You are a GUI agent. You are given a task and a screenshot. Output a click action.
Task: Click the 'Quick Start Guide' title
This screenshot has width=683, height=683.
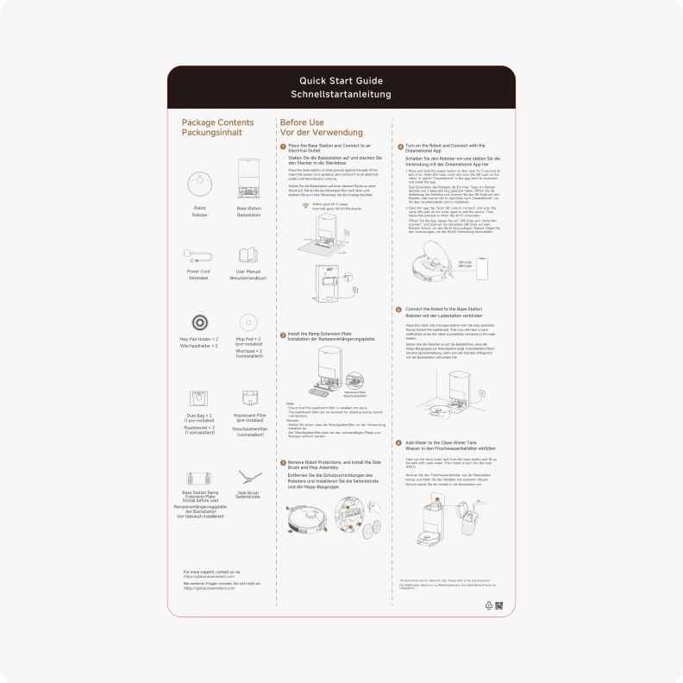pyautogui.click(x=341, y=80)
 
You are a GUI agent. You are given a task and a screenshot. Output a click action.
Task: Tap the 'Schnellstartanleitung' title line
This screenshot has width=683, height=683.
pyautogui.click(x=341, y=94)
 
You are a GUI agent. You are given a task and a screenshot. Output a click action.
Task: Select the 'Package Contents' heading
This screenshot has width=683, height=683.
pyautogui.click(x=217, y=122)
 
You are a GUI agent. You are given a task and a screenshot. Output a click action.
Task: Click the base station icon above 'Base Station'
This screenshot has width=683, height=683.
pyautogui.click(x=248, y=178)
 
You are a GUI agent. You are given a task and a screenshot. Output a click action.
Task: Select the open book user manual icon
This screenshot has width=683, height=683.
pyautogui.click(x=248, y=256)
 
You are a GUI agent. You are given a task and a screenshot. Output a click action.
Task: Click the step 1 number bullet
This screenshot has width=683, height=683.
pyautogui.click(x=282, y=147)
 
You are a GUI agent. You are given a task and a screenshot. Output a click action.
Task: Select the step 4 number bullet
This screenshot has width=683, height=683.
pyautogui.click(x=398, y=147)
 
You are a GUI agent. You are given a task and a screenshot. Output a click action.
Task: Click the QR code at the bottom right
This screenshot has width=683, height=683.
pyautogui.click(x=498, y=605)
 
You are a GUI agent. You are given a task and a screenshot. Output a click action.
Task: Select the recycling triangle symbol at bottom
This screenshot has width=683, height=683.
pyautogui.click(x=487, y=605)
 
